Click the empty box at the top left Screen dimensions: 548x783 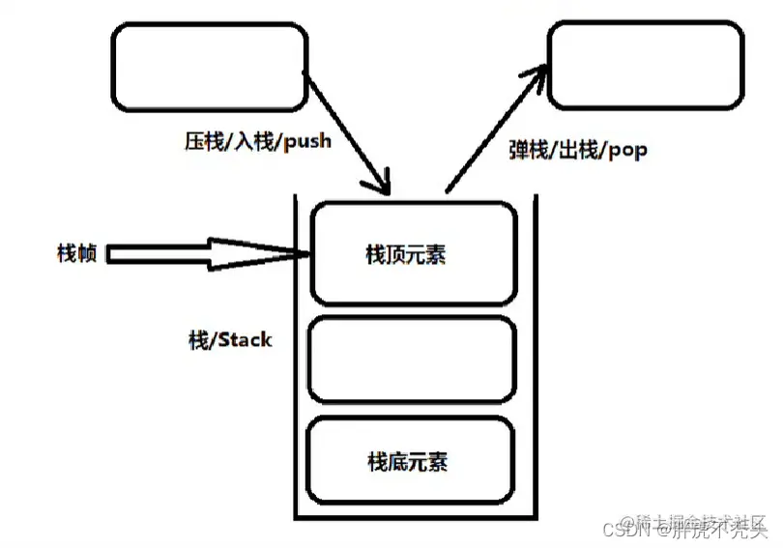tap(207, 65)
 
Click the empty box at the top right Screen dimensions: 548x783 tap(646, 65)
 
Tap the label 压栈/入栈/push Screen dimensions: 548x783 tap(257, 141)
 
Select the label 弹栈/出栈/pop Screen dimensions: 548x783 tap(578, 150)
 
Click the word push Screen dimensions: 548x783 tap(307, 141)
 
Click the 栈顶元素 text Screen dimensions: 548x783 tap(406, 254)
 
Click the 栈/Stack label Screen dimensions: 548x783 tap(230, 340)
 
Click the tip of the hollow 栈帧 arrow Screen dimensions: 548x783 tap(306, 254)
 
